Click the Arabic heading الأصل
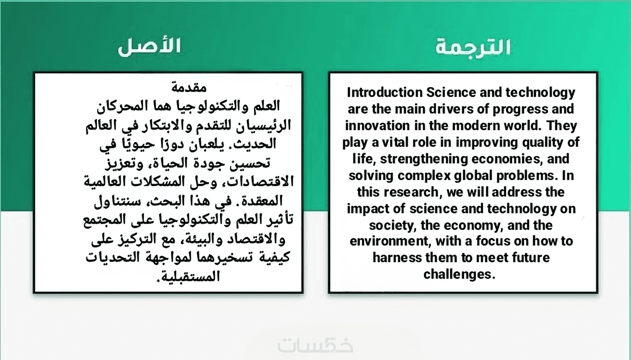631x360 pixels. click(x=149, y=46)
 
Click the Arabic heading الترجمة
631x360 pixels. click(x=473, y=48)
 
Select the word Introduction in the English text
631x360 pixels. click(x=385, y=92)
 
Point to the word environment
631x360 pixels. click(x=390, y=241)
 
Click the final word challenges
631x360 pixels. click(x=459, y=274)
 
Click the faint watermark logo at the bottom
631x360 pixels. click(x=315, y=344)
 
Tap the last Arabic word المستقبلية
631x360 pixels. click(x=188, y=276)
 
